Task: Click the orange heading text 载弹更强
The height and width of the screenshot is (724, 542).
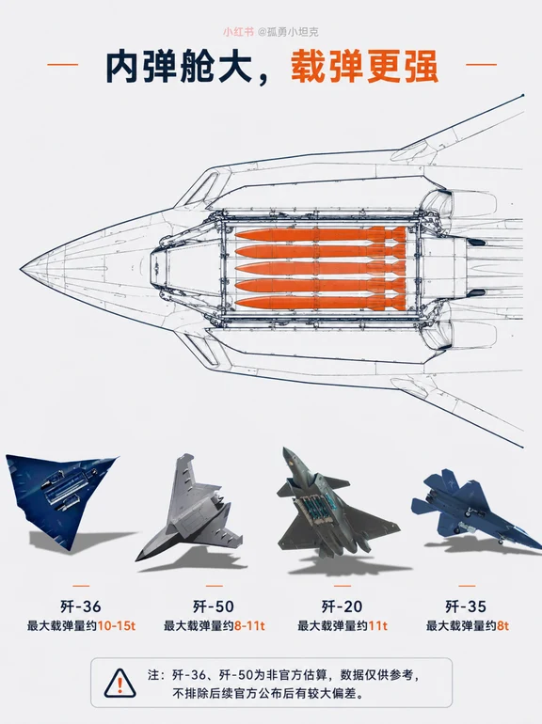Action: [x=364, y=67]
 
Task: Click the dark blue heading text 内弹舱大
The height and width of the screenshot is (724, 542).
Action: [x=180, y=67]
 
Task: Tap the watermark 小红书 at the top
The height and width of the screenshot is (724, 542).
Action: [x=238, y=32]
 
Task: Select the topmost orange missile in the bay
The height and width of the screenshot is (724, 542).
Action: [x=320, y=234]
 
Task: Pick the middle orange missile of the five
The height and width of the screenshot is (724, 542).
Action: [x=320, y=269]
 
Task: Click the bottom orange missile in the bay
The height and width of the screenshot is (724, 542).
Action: [x=320, y=303]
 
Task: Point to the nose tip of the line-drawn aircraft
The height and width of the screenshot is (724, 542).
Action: [x=21, y=269]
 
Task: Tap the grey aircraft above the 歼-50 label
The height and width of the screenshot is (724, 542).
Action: [x=189, y=508]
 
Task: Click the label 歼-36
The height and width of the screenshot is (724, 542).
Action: [x=80, y=606]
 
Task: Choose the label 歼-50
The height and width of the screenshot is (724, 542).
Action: [x=214, y=606]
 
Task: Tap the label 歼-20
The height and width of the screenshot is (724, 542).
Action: [x=342, y=606]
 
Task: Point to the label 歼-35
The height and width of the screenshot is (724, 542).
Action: [x=466, y=606]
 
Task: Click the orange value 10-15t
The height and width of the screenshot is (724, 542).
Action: [x=117, y=626]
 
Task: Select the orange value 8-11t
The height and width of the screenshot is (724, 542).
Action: [x=249, y=626]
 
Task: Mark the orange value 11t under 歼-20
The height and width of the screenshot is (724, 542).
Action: [x=377, y=626]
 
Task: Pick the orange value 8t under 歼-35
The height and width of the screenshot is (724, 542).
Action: [x=502, y=626]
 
